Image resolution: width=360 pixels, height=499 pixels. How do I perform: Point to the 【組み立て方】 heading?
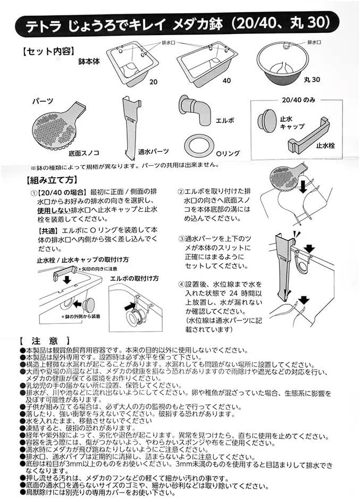(x=48, y=179)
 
